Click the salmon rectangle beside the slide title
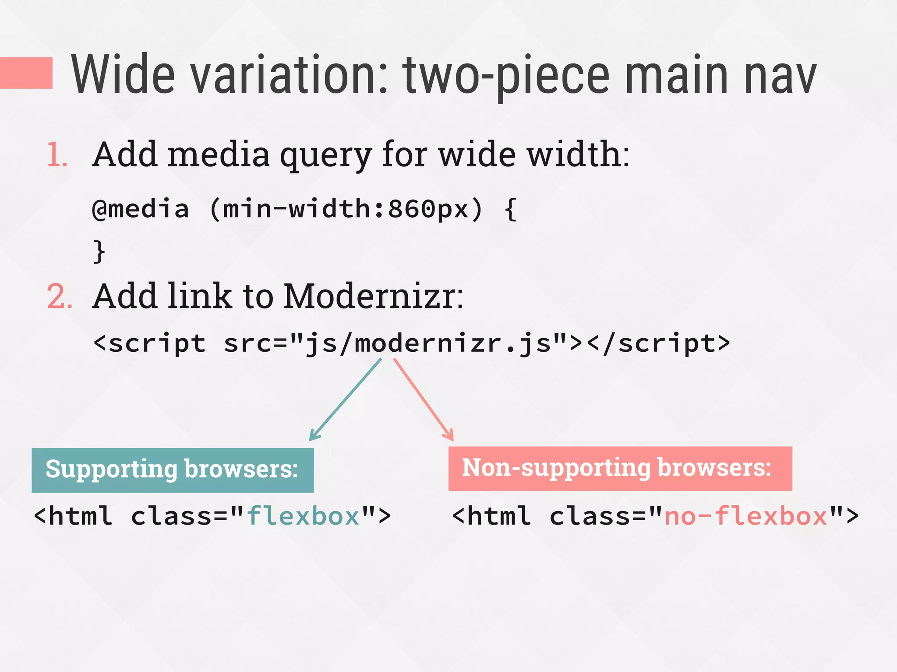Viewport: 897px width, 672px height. (26, 73)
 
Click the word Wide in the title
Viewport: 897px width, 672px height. (123, 74)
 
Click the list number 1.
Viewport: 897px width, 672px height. (57, 155)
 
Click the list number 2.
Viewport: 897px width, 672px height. (59, 297)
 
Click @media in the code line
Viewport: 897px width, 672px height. (141, 209)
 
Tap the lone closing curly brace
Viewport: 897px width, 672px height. (99, 252)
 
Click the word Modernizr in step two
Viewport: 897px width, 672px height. (372, 297)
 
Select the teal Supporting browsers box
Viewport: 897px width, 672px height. (173, 470)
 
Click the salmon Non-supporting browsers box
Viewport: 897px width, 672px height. (620, 468)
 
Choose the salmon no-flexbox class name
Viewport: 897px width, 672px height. (746, 516)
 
